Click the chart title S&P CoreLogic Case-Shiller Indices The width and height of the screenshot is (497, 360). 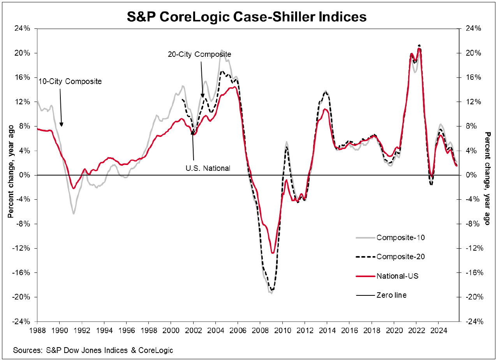[x=247, y=17]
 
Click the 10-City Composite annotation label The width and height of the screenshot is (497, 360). [x=70, y=81]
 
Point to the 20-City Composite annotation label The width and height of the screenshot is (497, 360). [x=199, y=54]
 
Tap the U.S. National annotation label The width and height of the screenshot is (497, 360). [x=208, y=168]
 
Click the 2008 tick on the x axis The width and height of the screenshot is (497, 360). [x=260, y=329]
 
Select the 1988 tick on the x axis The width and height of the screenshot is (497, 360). [x=37, y=329]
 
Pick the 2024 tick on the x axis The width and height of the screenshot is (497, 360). [x=438, y=329]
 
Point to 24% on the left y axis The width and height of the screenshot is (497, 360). [x=23, y=28]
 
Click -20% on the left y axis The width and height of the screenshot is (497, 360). [x=21, y=297]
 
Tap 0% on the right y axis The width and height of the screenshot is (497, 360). [x=469, y=175]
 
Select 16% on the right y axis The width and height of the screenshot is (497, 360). [x=470, y=77]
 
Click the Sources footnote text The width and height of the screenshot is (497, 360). [x=93, y=350]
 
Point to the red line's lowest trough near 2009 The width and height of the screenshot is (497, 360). [x=273, y=253]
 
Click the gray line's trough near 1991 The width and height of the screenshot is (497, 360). [x=73, y=213]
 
